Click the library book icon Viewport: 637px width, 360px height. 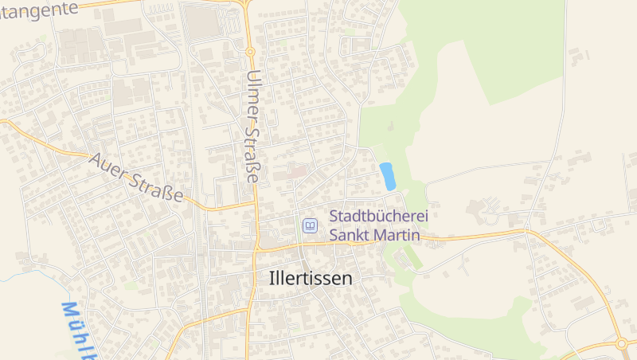click(309, 226)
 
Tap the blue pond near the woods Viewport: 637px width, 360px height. click(388, 176)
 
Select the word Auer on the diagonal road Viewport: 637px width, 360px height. click(108, 165)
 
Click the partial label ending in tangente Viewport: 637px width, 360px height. click(40, 8)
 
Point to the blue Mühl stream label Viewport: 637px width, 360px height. click(77, 330)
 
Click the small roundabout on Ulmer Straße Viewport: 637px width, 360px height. click(250, 52)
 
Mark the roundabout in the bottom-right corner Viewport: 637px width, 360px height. click(622, 343)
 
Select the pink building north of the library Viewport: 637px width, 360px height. click(296, 171)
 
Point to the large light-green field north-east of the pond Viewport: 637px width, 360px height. click(494, 48)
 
